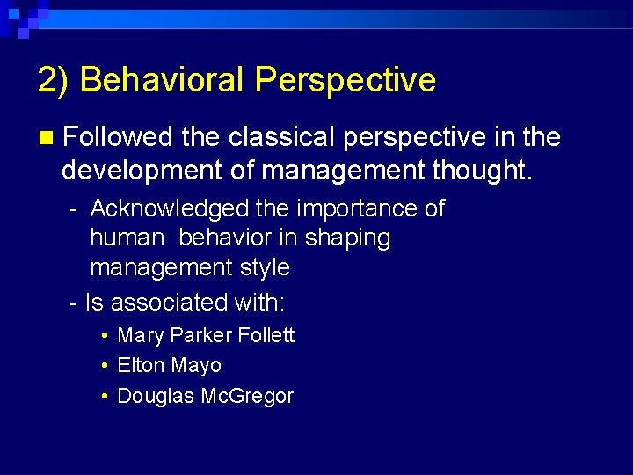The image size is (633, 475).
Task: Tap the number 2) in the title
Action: [x=54, y=80]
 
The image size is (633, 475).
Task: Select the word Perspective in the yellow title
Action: [x=345, y=80]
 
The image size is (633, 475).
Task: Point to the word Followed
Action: [x=119, y=137]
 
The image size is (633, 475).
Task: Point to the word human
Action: [x=127, y=237]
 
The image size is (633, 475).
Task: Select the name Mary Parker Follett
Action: [x=206, y=335]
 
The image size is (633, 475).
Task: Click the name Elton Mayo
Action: [x=169, y=365]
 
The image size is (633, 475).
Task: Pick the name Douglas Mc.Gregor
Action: [x=205, y=396]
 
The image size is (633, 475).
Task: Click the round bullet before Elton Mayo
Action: [x=105, y=366]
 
